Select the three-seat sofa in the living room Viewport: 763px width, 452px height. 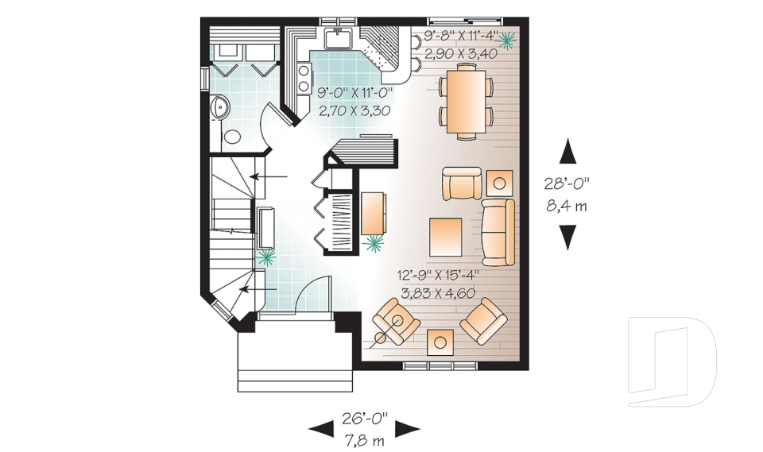click(498, 232)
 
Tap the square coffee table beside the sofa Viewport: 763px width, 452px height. click(446, 235)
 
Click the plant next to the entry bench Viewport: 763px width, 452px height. click(266, 257)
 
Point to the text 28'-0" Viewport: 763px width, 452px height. click(567, 184)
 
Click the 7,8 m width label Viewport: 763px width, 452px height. click(364, 439)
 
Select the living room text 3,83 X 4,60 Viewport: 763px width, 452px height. click(436, 293)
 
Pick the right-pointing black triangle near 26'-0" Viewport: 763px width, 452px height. click(407, 429)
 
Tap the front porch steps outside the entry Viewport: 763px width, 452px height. click(295, 366)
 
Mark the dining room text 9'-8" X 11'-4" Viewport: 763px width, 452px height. click(460, 37)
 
